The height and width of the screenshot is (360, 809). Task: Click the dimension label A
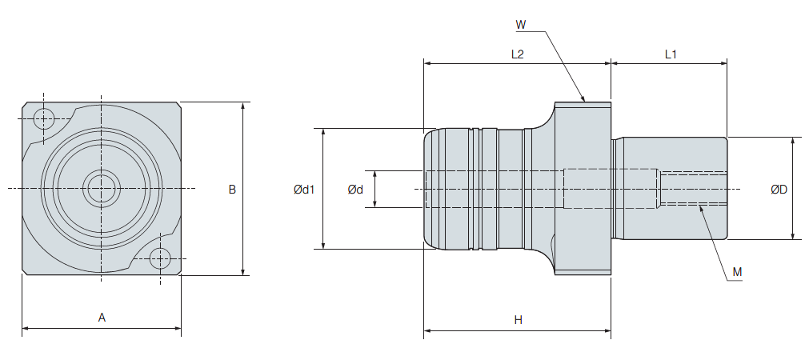click(102, 318)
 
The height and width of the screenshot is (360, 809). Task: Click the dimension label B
click(232, 190)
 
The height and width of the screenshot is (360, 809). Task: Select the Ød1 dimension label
click(304, 190)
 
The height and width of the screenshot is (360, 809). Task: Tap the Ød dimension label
click(355, 190)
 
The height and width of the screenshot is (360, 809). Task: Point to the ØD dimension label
click(779, 190)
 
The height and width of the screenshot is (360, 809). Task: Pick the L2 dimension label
click(517, 54)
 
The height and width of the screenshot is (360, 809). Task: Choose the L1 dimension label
click(671, 54)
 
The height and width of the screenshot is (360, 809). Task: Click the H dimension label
click(518, 320)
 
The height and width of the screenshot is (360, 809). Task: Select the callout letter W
click(520, 25)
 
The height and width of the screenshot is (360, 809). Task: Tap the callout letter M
click(737, 272)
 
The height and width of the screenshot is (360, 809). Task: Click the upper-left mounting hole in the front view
click(44, 120)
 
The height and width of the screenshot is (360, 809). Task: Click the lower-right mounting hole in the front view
click(160, 258)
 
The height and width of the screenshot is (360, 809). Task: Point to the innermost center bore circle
click(102, 189)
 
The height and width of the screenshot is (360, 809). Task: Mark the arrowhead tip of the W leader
click(586, 102)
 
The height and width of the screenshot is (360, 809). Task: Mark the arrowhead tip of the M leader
click(698, 205)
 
